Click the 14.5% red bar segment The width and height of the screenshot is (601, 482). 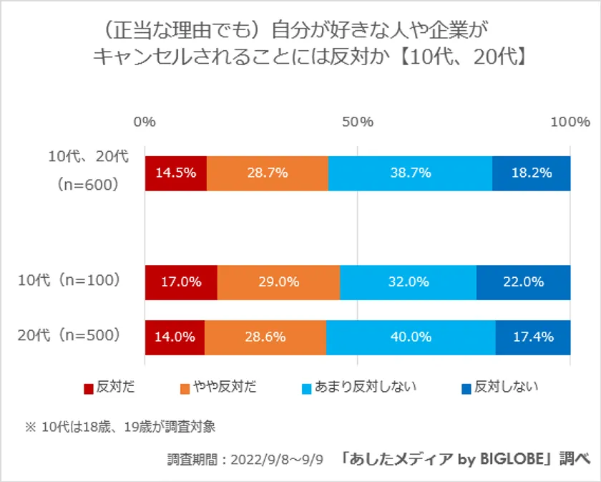(x=176, y=173)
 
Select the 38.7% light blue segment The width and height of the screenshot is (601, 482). (x=410, y=173)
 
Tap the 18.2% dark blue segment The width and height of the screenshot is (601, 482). (x=532, y=173)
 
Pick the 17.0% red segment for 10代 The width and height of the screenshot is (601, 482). (x=181, y=282)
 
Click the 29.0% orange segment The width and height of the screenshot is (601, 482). (x=278, y=282)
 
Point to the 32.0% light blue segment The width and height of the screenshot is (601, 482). (x=408, y=282)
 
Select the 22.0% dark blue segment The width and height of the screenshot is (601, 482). (x=524, y=282)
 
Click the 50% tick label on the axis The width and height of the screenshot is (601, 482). (x=357, y=122)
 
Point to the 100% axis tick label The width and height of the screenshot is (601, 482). (x=570, y=122)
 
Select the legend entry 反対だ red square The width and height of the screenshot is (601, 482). (x=89, y=388)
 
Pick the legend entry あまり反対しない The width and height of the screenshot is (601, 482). (x=358, y=387)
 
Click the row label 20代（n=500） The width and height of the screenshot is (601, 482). (x=69, y=334)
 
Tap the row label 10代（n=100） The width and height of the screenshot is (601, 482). (x=69, y=281)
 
